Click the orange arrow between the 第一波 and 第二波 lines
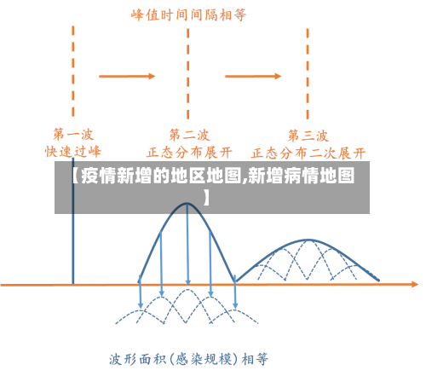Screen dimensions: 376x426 pos(127,76)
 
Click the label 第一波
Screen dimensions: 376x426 pos(72,135)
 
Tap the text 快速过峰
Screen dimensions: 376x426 pos(72,151)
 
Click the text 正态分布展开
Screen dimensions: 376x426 pos(189,152)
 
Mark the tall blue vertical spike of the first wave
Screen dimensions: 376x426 pos(72,247)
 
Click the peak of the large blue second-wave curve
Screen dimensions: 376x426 pos(187,205)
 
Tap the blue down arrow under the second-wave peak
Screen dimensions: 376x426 pos(187,256)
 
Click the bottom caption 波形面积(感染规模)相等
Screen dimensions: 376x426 pos(189,358)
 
